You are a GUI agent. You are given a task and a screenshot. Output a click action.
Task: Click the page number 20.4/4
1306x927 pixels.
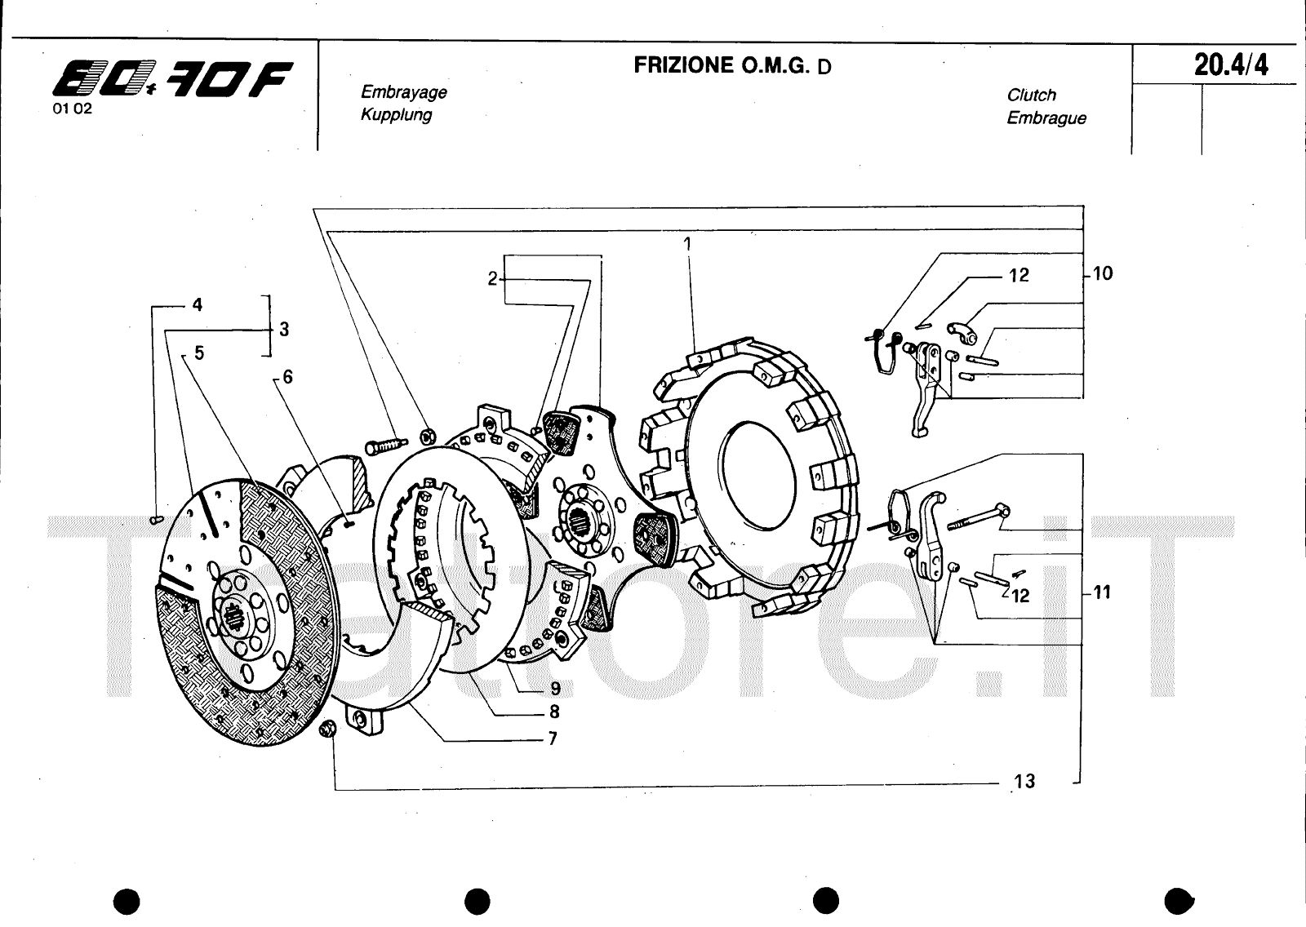(x=1231, y=64)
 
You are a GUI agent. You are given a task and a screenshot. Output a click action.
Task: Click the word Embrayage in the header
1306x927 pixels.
(x=403, y=92)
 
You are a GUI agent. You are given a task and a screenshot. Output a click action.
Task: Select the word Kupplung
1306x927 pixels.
(x=396, y=114)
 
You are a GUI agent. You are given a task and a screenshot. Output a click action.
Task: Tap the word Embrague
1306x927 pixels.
(x=1046, y=118)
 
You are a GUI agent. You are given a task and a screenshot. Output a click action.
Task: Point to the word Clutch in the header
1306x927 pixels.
(x=1031, y=95)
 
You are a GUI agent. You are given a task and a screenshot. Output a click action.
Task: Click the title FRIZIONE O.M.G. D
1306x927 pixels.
(x=732, y=65)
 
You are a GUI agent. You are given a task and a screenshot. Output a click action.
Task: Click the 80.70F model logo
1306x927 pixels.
(x=172, y=78)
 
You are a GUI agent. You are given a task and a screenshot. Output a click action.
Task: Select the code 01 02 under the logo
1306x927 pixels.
(x=73, y=109)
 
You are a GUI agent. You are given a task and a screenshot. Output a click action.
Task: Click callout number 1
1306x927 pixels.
(x=687, y=244)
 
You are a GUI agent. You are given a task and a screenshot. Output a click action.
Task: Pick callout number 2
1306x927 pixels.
(x=493, y=279)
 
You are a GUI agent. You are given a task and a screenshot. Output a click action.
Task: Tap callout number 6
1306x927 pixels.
(x=287, y=377)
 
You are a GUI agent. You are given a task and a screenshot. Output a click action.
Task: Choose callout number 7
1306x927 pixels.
(x=553, y=738)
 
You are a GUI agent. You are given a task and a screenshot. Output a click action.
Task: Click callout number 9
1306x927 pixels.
(x=555, y=689)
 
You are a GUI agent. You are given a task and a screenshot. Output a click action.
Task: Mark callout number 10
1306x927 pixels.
(x=1103, y=273)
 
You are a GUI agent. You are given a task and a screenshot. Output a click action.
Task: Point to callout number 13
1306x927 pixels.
(x=1024, y=781)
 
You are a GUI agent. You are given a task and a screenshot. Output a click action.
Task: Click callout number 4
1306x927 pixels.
(x=197, y=304)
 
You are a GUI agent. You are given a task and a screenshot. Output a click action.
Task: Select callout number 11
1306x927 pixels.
(x=1102, y=592)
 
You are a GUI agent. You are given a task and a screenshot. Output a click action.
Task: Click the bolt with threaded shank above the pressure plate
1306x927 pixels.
(x=386, y=446)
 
